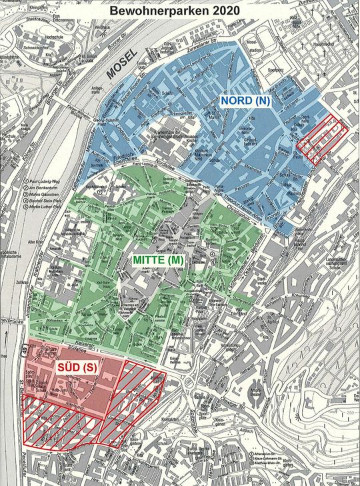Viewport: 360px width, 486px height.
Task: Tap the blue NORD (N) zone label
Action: click(246, 101)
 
